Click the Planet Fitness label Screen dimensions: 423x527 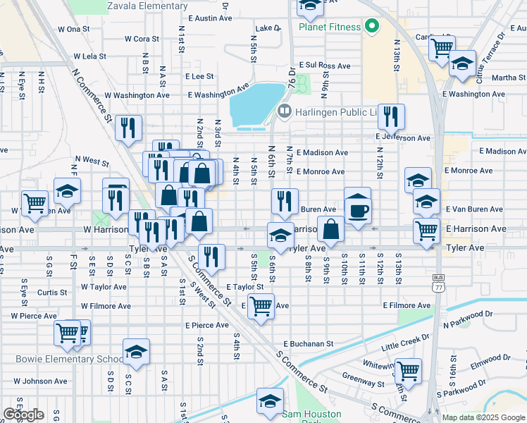point(330,27)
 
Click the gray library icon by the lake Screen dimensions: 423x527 point(285,111)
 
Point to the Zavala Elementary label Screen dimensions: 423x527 point(147,6)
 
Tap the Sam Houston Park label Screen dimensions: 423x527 point(312,415)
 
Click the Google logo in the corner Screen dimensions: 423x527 point(23,415)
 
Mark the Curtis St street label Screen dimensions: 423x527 point(52,292)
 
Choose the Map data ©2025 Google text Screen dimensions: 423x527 point(483,417)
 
